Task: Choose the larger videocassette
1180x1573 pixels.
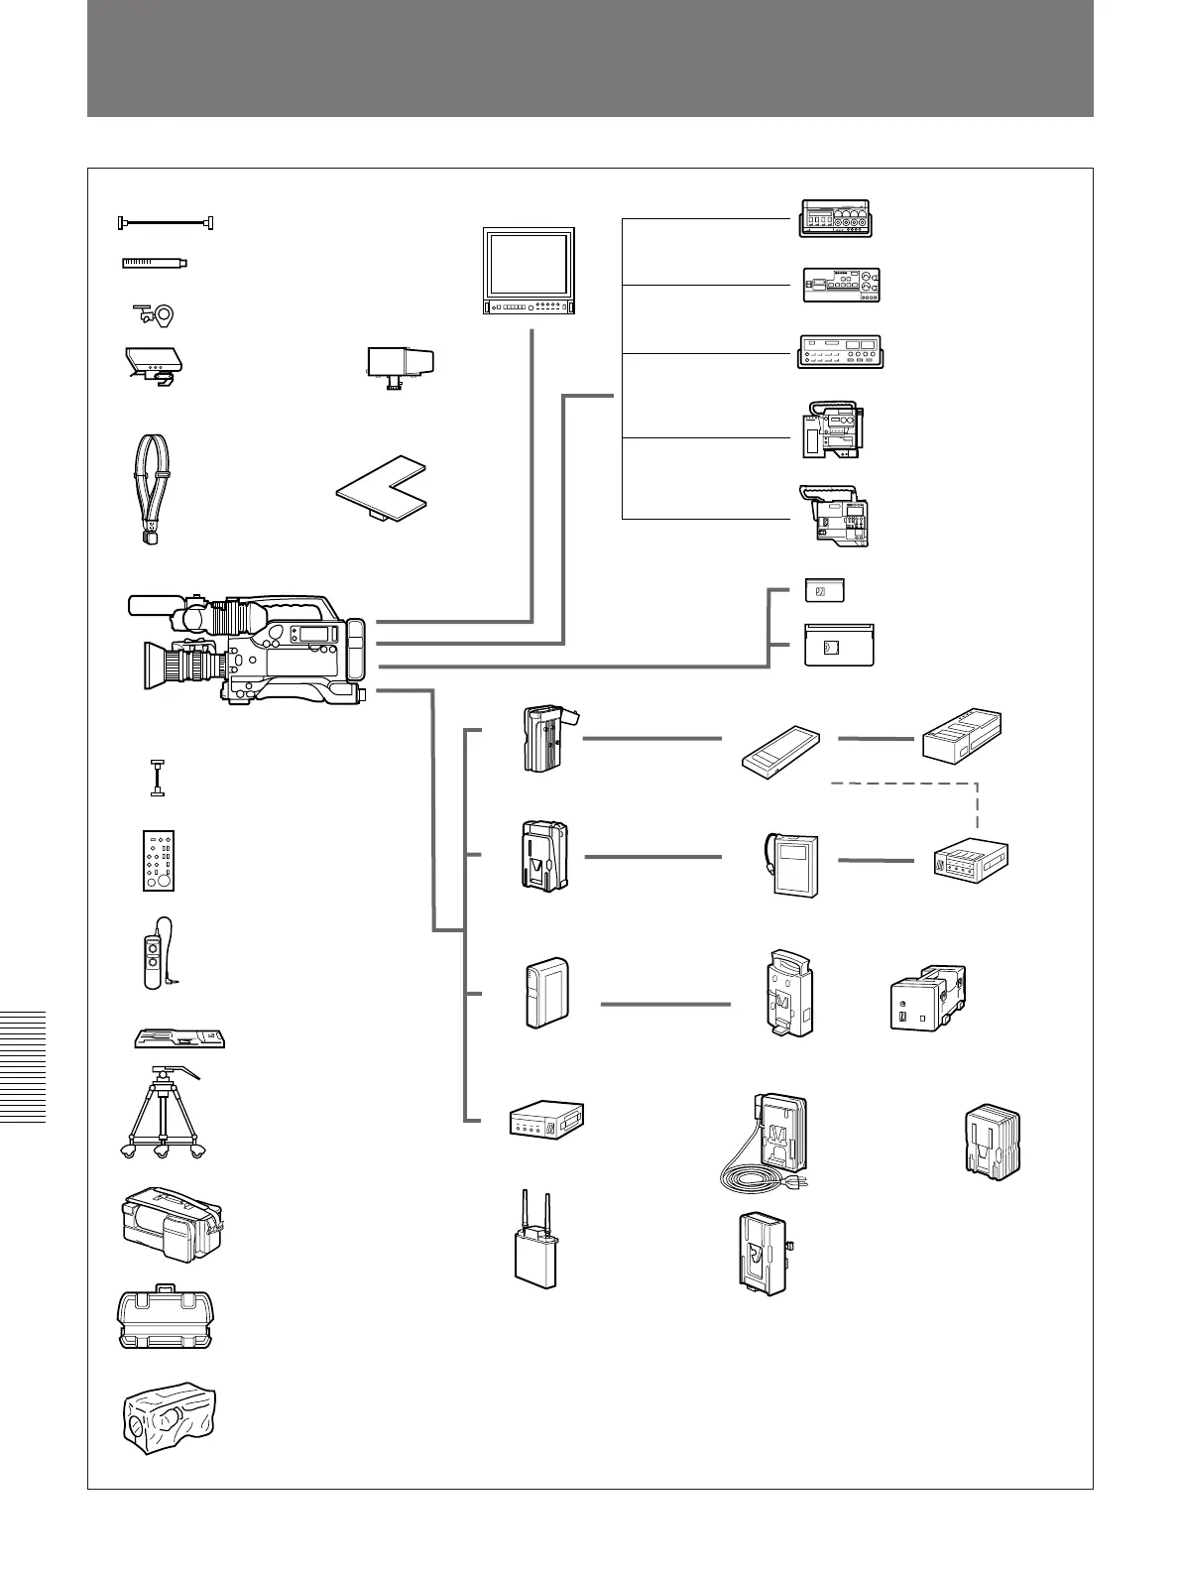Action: click(836, 646)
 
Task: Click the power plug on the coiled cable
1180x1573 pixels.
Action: click(805, 1182)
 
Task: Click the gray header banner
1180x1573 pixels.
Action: click(590, 59)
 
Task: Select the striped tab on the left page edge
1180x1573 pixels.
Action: click(23, 1065)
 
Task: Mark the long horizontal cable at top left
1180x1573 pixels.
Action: click(167, 223)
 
